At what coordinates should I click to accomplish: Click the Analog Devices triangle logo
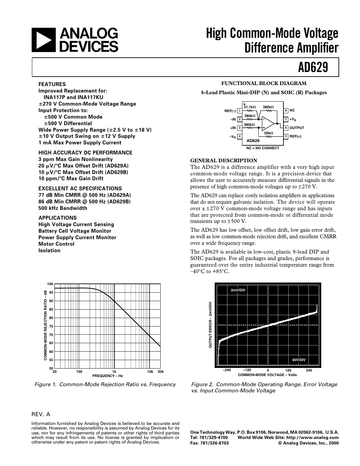click(x=44, y=40)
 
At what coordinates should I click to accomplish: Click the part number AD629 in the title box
click(x=313, y=68)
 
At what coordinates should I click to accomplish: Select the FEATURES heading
click(x=52, y=84)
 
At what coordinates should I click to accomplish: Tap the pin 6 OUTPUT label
click(x=296, y=128)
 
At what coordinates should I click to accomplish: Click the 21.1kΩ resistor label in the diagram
click(x=250, y=107)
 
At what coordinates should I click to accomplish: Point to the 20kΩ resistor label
click(x=268, y=133)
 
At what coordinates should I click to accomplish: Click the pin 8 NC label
click(x=292, y=111)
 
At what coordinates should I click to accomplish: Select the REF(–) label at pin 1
click(x=230, y=111)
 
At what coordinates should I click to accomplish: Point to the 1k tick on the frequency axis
click(x=114, y=371)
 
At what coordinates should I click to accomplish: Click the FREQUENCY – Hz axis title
click(x=107, y=376)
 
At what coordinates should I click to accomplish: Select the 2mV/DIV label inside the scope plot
click(x=238, y=290)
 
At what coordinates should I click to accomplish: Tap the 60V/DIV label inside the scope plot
click(x=299, y=360)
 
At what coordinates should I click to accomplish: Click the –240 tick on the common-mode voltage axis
click(x=227, y=370)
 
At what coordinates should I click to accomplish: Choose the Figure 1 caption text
click(x=105, y=385)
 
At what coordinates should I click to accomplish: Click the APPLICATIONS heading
click(x=58, y=218)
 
